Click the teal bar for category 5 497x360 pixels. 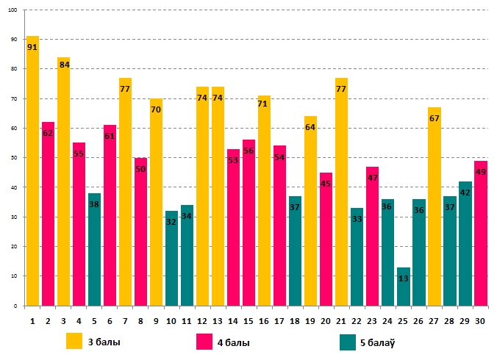click(x=94, y=249)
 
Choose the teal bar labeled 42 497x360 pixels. click(x=465, y=243)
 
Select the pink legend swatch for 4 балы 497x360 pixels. click(x=205, y=342)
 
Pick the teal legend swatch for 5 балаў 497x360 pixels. click(x=348, y=342)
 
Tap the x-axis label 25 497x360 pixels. click(x=403, y=320)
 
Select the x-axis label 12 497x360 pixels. click(x=202, y=320)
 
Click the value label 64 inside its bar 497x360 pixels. click(x=310, y=127)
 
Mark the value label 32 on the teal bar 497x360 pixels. click(x=171, y=221)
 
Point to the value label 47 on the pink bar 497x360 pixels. click(x=372, y=178)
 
